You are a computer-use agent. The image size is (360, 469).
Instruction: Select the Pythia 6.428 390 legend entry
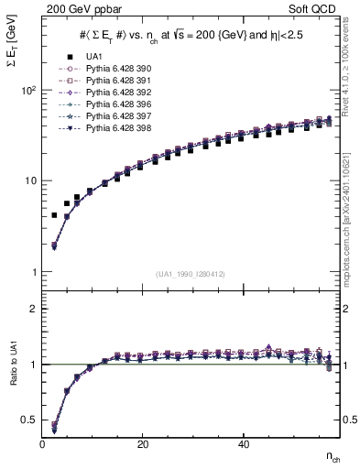click(114, 70)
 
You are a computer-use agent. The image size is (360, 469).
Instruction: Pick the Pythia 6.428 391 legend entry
click(114, 82)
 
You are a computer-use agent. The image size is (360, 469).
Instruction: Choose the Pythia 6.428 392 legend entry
click(114, 93)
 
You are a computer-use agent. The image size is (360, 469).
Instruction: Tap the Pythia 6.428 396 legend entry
click(114, 105)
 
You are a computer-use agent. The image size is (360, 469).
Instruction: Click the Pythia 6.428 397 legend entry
click(114, 117)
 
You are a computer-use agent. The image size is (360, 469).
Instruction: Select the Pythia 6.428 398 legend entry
click(114, 129)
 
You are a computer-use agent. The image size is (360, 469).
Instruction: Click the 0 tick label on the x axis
click(43, 444)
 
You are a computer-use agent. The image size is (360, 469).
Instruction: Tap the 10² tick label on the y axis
click(28, 91)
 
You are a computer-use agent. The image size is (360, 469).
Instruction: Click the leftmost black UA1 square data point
click(54, 215)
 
